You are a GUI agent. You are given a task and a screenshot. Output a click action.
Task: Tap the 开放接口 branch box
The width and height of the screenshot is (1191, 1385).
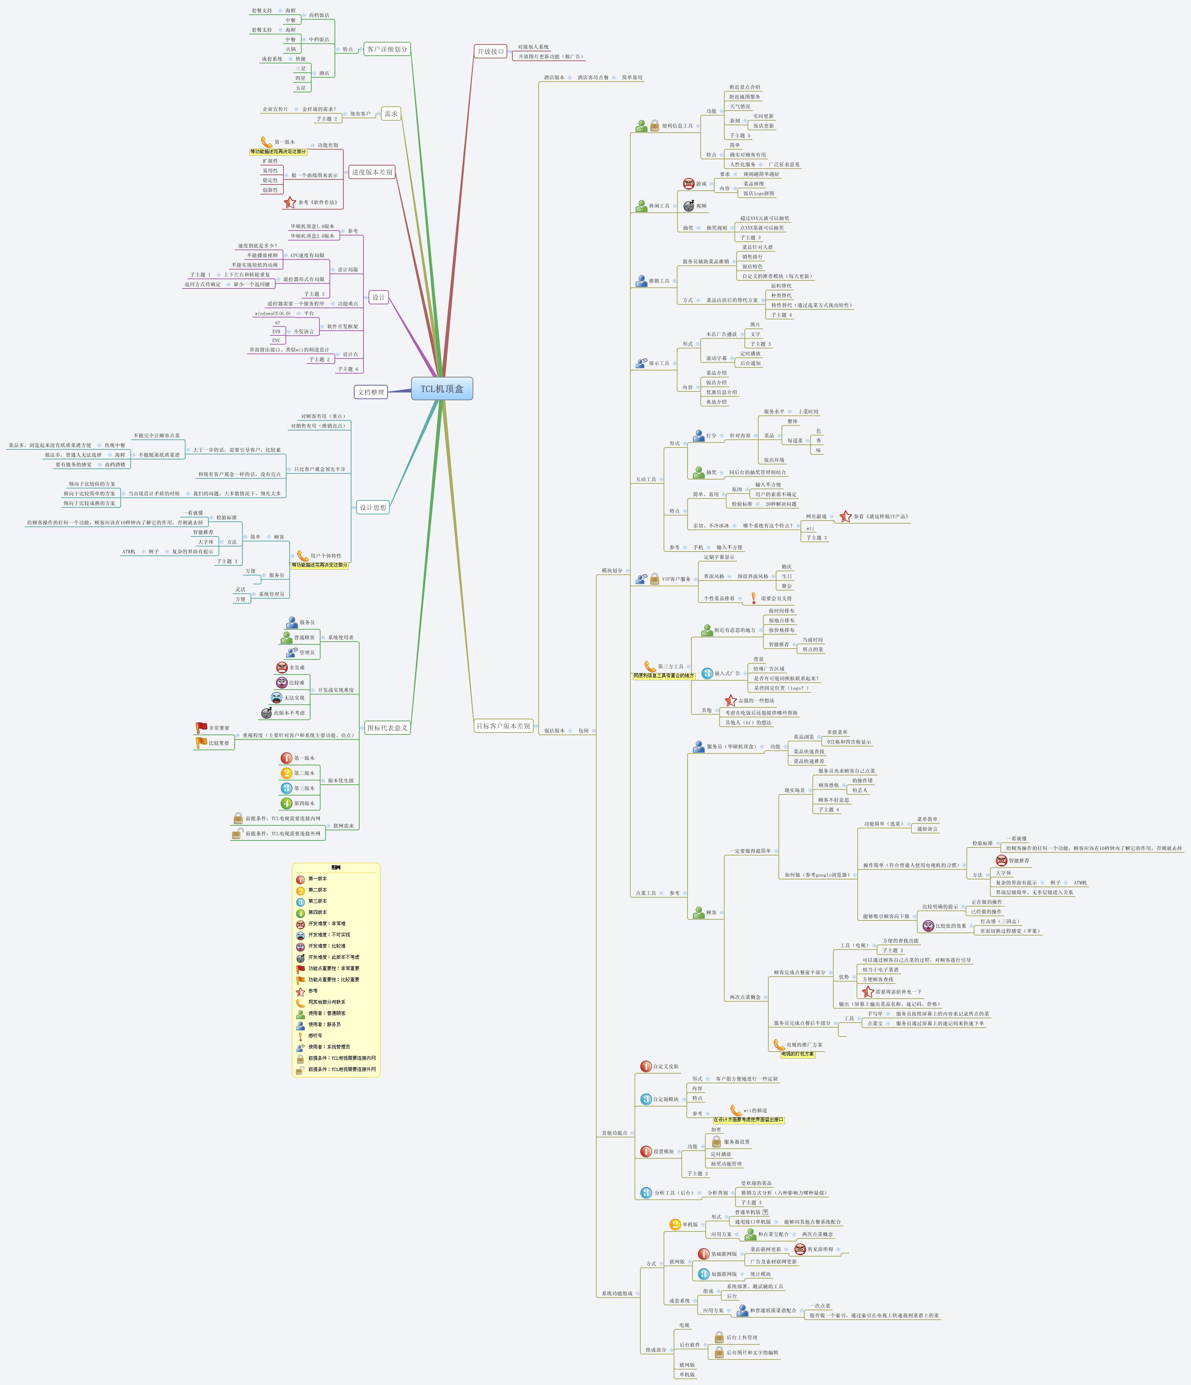pos(491,51)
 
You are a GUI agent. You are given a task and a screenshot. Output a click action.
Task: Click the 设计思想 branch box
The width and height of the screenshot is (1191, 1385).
pos(373,507)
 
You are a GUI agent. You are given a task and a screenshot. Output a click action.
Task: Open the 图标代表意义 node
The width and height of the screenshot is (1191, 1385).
pos(387,728)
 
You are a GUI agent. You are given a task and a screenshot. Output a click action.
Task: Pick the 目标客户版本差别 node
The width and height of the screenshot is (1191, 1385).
pos(503,726)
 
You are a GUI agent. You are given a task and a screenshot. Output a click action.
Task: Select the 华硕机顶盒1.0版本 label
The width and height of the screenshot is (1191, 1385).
pos(312,227)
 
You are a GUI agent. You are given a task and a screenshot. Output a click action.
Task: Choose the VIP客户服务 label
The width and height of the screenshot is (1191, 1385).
pos(676,579)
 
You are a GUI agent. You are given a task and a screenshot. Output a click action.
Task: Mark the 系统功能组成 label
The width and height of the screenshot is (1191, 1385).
pos(616,1293)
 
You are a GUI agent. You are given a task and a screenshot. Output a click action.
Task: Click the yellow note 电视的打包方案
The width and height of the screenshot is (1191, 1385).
pos(798,1054)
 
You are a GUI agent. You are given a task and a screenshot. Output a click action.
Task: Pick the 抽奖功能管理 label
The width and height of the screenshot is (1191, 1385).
pos(727,1164)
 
